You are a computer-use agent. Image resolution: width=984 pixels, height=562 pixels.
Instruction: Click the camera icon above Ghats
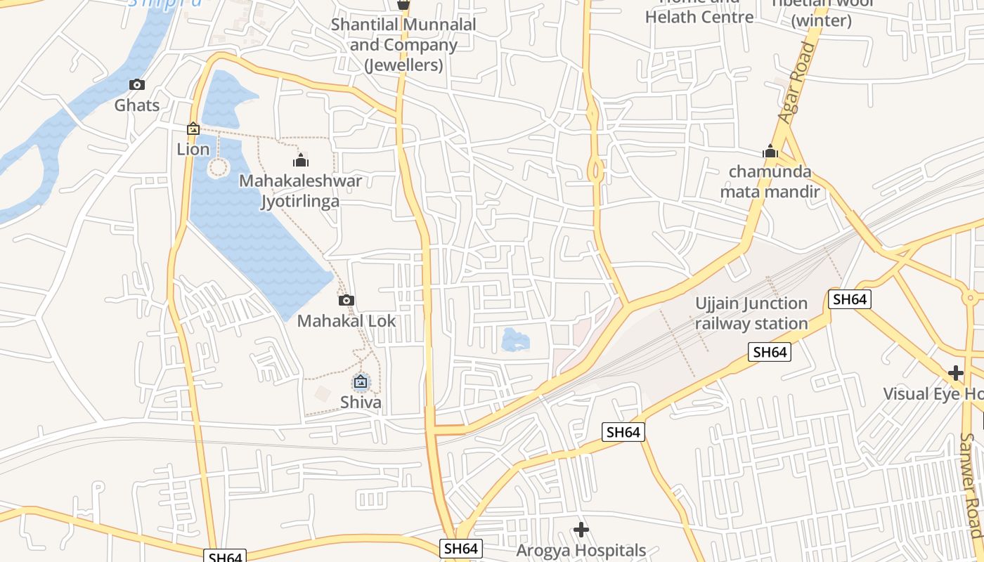click(x=137, y=85)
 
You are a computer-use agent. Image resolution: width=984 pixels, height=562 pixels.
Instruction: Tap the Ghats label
click(x=137, y=105)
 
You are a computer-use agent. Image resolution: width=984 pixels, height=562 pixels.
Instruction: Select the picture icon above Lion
click(x=193, y=129)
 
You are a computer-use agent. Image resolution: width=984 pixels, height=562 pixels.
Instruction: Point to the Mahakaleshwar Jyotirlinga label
click(x=300, y=191)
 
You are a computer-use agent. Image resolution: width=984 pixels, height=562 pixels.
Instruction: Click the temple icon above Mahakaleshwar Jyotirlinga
click(x=301, y=160)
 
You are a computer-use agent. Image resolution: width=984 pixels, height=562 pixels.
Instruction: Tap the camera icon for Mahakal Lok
click(x=346, y=301)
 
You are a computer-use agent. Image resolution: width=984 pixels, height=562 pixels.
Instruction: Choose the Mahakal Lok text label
click(x=347, y=321)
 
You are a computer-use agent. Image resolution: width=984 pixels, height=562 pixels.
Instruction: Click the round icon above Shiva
click(x=361, y=382)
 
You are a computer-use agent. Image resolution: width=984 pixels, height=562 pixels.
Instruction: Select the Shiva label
click(x=361, y=403)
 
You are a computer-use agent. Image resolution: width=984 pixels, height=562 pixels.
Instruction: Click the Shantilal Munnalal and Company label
click(x=403, y=45)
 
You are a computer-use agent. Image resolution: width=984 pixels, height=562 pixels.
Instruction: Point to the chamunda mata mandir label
click(x=770, y=181)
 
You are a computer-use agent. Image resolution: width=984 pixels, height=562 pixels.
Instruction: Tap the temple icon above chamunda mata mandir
click(x=770, y=151)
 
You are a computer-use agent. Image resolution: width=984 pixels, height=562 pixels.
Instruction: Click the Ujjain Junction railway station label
click(x=751, y=313)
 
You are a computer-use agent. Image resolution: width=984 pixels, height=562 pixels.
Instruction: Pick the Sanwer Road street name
click(x=971, y=485)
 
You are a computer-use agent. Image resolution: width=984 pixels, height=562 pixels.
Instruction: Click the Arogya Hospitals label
click(x=581, y=550)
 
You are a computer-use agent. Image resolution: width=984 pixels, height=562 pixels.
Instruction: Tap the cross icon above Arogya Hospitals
click(x=581, y=529)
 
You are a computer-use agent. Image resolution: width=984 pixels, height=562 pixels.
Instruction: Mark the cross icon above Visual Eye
click(x=955, y=372)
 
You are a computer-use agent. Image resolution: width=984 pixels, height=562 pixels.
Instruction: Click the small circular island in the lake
click(x=219, y=168)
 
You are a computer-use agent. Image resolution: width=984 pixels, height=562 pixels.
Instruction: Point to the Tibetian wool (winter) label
click(x=822, y=13)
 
